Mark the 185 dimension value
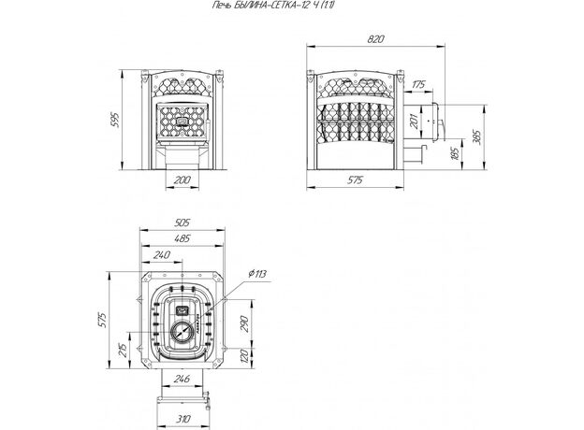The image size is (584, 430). click(456, 152)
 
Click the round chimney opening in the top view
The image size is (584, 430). click(183, 330)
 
